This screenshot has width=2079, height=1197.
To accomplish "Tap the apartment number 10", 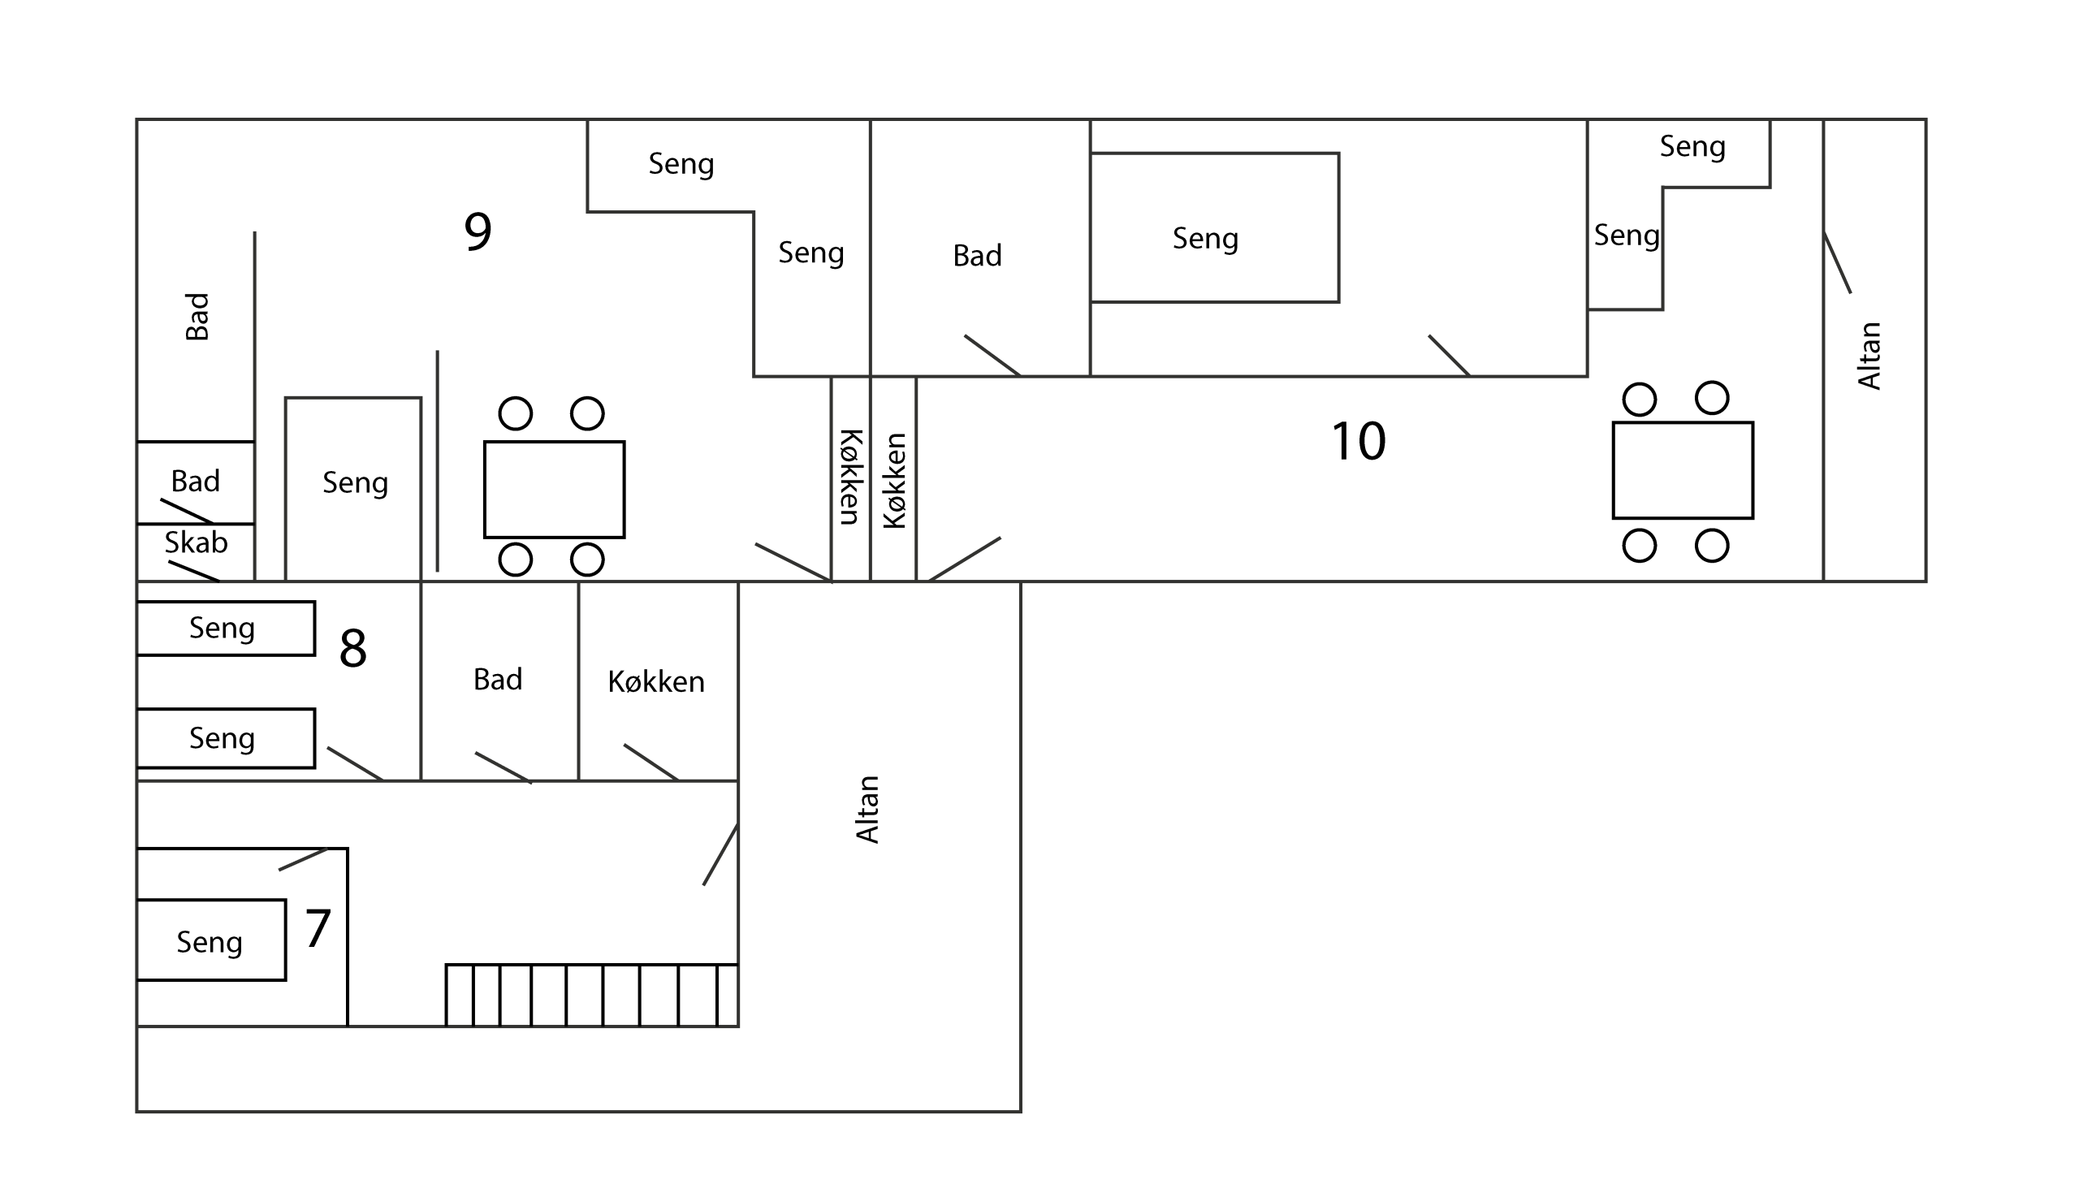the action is tap(1358, 441).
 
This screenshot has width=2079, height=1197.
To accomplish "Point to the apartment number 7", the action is tap(318, 928).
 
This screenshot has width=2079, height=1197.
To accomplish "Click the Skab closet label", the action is tap(196, 542).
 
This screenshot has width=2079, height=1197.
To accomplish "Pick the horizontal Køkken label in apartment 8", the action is tap(656, 681).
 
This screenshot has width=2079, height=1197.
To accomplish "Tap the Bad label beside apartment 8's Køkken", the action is tap(497, 679).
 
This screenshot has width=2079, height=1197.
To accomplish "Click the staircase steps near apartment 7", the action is tap(592, 995).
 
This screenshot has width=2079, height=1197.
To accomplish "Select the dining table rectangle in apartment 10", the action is tap(1683, 470).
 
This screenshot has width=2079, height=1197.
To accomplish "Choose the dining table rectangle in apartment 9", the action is tap(554, 489).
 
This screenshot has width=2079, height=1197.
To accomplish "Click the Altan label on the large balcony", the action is tap(868, 809).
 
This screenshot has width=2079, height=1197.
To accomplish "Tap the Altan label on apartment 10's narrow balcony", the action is tap(1869, 355).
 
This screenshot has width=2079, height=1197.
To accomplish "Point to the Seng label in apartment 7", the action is tap(210, 942).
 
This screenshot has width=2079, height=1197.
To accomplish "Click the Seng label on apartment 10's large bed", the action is tap(1205, 239).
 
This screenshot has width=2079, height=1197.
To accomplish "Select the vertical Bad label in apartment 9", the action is tap(197, 317).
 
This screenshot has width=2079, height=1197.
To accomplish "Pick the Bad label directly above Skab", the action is tap(195, 481).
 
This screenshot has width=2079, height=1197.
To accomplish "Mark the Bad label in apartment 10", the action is tap(978, 256).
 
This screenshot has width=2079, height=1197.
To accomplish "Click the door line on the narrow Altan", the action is tap(1837, 262).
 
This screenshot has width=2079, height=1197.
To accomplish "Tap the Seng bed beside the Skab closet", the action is tap(353, 489).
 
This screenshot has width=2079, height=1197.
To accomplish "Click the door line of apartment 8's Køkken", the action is tap(651, 762).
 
